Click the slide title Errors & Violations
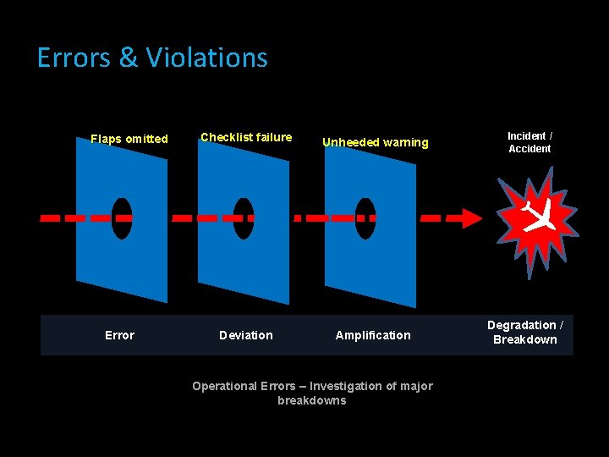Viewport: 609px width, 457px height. (x=152, y=58)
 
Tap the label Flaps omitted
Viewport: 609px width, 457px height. (x=129, y=139)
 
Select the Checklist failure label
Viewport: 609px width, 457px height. (x=246, y=137)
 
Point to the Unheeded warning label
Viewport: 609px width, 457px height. (x=376, y=142)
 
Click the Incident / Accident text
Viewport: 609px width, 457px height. (x=529, y=142)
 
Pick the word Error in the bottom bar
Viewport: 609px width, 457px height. (x=119, y=335)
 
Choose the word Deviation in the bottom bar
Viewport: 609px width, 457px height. (x=246, y=335)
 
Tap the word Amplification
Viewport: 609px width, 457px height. (x=373, y=335)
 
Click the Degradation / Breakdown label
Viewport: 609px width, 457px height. (x=525, y=333)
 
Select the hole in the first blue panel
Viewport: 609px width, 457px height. (x=123, y=218)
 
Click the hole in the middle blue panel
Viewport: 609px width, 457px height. (x=244, y=218)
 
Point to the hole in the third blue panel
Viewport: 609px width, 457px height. (x=365, y=218)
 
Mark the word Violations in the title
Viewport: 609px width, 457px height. (x=206, y=58)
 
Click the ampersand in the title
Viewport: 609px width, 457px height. (x=128, y=58)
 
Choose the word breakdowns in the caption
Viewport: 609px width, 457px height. (x=312, y=400)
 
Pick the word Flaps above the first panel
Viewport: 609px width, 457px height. (x=106, y=139)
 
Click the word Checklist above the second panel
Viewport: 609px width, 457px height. (x=224, y=137)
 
